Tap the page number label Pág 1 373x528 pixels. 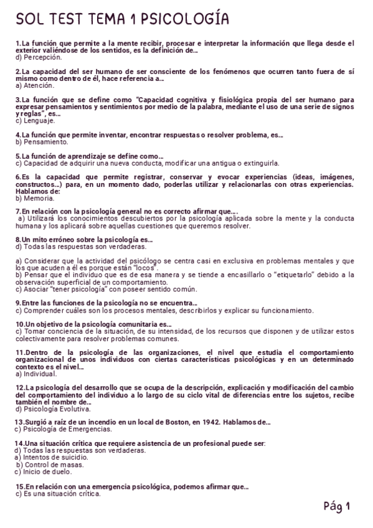pyautogui.click(x=338, y=507)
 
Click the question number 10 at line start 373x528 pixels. pyautogui.click(x=19, y=324)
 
